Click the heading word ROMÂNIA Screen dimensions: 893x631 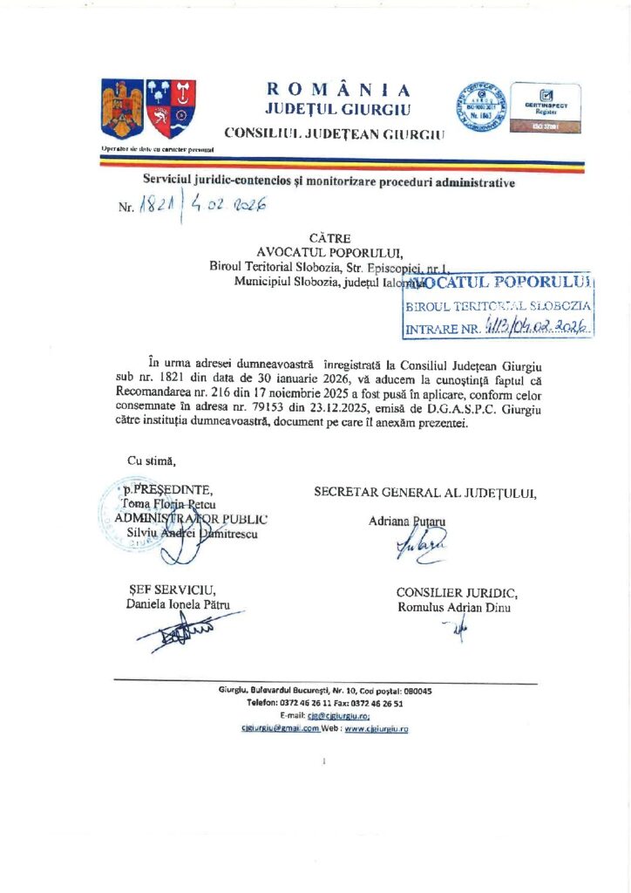click(x=338, y=89)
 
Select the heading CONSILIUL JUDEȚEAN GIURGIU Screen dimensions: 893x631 click(x=334, y=133)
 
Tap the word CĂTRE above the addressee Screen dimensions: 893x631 click(x=328, y=237)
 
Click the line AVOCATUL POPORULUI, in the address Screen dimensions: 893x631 click(x=318, y=252)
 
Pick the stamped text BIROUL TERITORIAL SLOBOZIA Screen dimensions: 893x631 click(x=499, y=307)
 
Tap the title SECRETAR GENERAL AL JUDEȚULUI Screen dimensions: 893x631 click(x=425, y=493)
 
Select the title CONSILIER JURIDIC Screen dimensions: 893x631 click(x=457, y=593)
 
